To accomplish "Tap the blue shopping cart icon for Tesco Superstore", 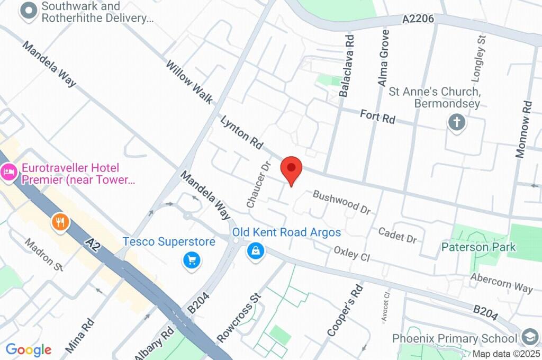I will pyautogui.click(x=191, y=260).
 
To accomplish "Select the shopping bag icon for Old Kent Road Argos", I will pyautogui.click(x=255, y=251).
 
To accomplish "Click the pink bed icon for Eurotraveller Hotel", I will pyautogui.click(x=8, y=172).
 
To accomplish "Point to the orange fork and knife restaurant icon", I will pyautogui.click(x=60, y=222).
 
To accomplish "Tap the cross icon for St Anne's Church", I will pyautogui.click(x=456, y=123).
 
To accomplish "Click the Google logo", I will pyautogui.click(x=29, y=350).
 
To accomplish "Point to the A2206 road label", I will pyautogui.click(x=418, y=19).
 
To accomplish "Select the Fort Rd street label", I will pyautogui.click(x=377, y=116).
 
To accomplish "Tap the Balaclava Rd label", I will pyautogui.click(x=347, y=66).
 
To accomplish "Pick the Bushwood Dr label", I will pyautogui.click(x=341, y=202).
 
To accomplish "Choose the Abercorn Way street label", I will pyautogui.click(x=501, y=284).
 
